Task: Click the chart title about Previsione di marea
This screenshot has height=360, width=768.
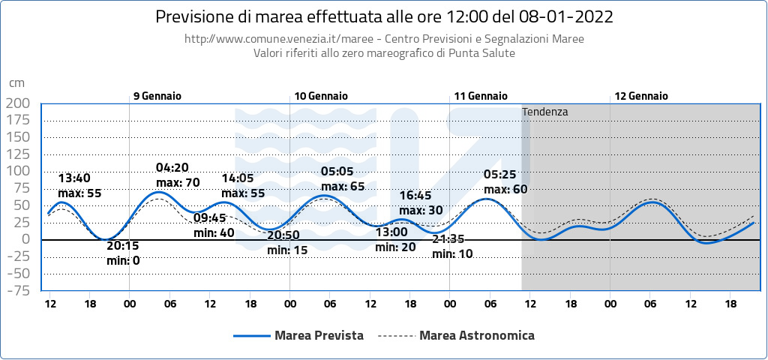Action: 383,16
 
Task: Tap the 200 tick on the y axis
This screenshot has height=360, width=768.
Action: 17,103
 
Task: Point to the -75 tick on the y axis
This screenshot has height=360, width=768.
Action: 17,290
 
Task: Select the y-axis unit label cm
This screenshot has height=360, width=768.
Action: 16,83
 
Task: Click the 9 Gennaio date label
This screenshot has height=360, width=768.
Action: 157,96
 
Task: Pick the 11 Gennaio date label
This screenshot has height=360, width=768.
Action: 481,96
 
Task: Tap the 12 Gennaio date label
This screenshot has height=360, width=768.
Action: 641,96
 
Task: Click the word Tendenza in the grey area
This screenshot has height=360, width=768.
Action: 545,112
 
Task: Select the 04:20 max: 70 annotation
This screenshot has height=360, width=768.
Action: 177,175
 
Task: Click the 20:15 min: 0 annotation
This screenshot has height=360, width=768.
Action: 124,253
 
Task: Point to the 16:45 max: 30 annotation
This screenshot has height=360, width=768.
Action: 420,203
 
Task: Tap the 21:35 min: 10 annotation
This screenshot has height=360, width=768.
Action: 453,247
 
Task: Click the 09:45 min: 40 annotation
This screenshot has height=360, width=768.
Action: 214,226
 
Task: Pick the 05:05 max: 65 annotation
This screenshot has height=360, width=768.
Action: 343,179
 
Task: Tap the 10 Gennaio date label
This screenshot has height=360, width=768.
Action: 321,96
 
